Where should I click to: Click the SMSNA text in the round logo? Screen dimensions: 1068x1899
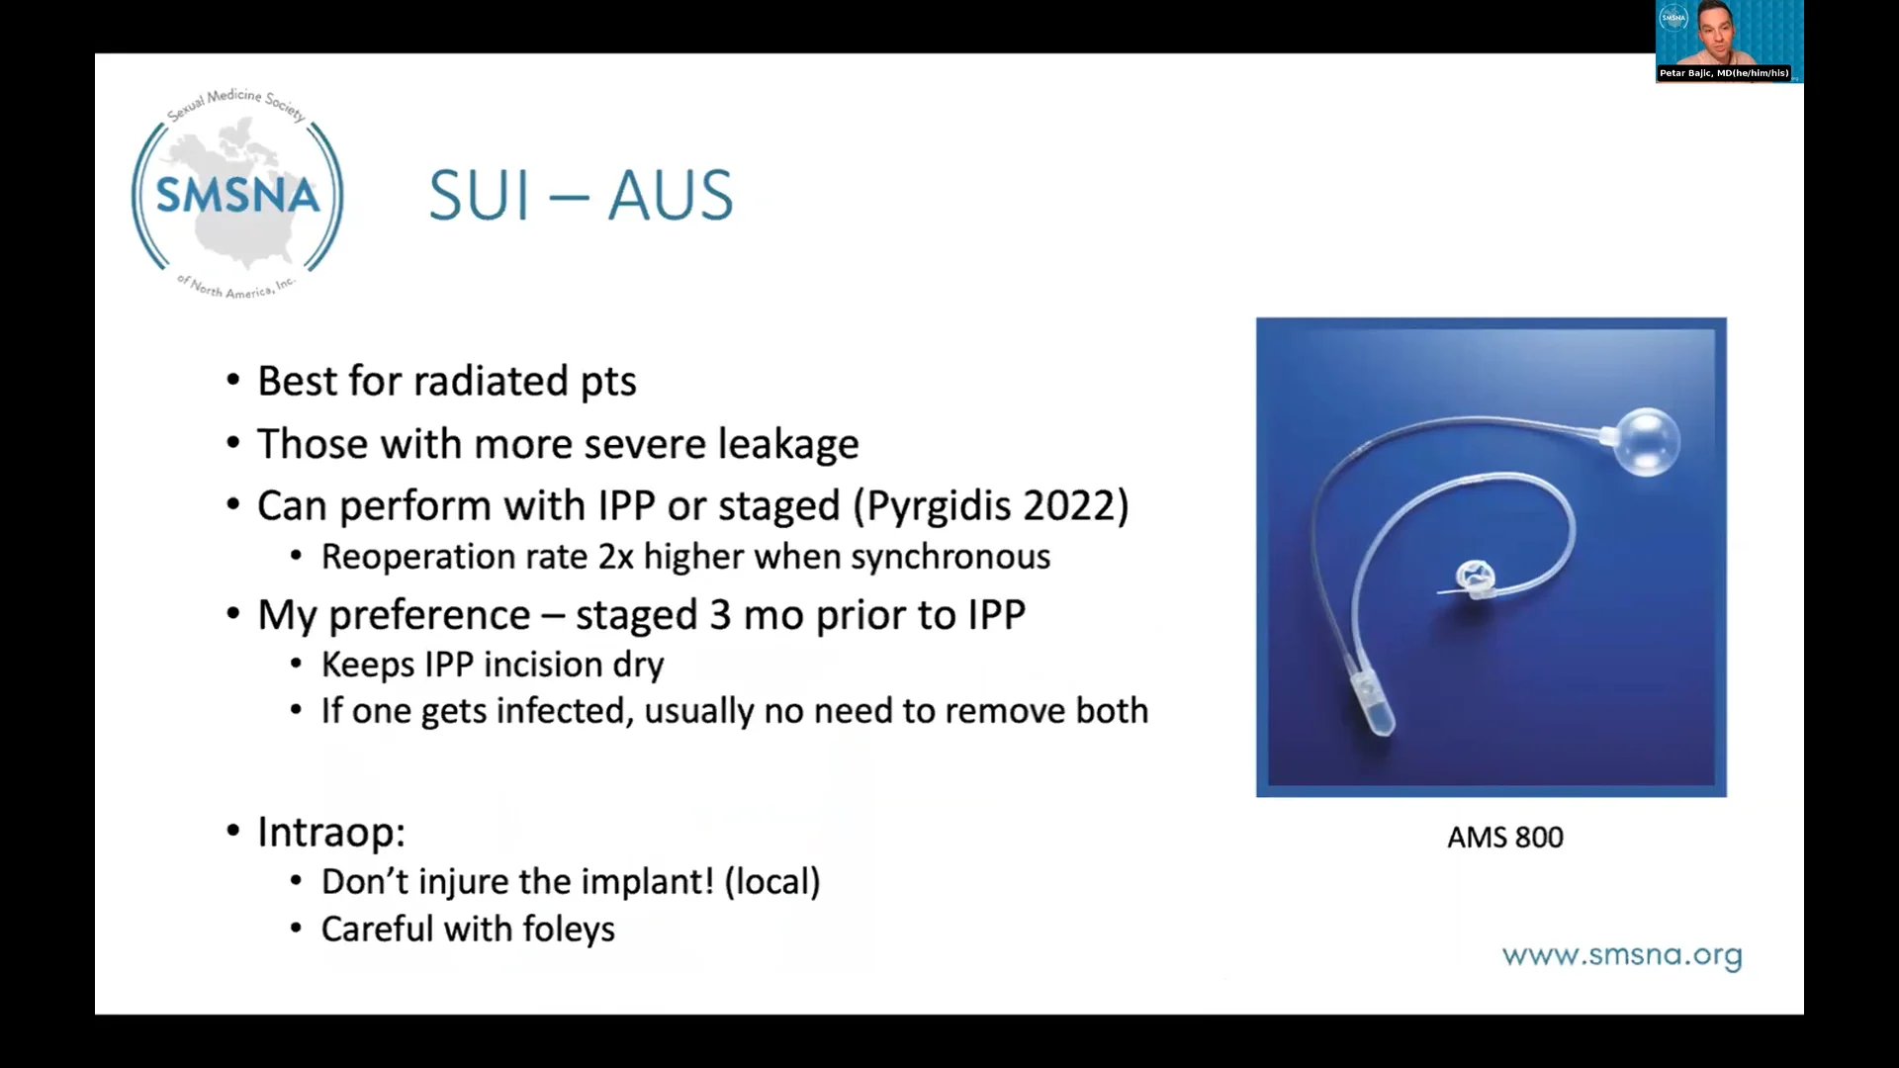pos(237,195)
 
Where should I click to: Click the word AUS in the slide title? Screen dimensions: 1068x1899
pos(670,196)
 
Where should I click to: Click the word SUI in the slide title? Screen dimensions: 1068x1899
pos(480,196)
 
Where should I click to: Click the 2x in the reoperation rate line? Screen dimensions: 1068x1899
pos(615,558)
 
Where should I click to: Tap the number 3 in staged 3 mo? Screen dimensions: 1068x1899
pos(719,616)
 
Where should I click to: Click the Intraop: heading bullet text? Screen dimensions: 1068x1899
pos(331,833)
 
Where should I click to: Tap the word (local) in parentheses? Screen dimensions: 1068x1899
pos(771,882)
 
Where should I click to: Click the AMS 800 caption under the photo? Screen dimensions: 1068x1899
pos(1504,839)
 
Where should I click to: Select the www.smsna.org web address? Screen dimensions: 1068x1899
pos(1621,956)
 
